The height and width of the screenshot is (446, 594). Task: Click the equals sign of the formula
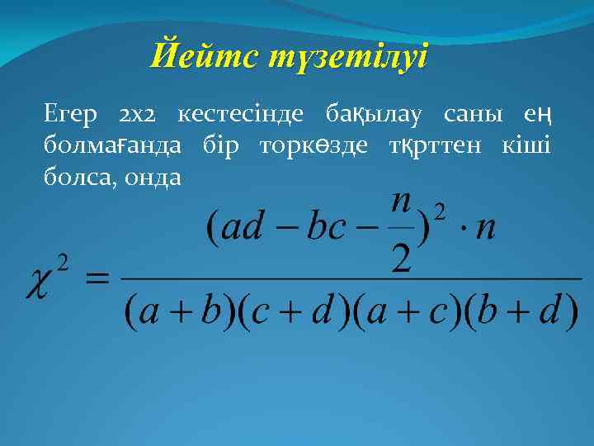click(x=97, y=281)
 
